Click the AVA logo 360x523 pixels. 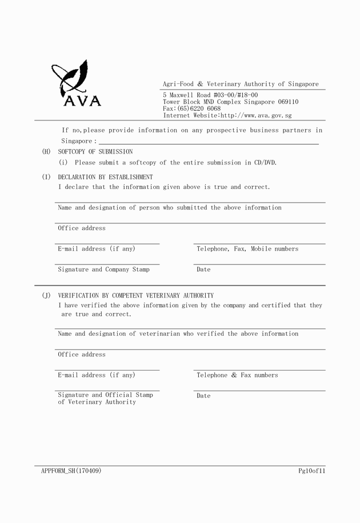tap(76, 85)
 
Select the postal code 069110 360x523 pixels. tap(288, 102)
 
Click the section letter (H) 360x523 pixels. tap(46, 152)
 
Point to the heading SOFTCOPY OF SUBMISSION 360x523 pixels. tap(95, 152)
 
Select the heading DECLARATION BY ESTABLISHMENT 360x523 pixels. tap(105, 177)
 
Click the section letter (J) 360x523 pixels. tap(46, 296)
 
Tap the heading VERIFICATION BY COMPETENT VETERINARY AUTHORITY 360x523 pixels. tap(135, 296)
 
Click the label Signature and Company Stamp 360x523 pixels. tap(103, 269)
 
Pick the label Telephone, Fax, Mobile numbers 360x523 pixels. tap(247, 249)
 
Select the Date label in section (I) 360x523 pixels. tap(203, 269)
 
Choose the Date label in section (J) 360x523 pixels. tap(203, 396)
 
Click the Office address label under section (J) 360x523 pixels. tap(82, 355)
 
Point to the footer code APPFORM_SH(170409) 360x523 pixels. tap(71, 471)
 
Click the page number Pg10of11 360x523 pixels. tap(311, 471)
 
